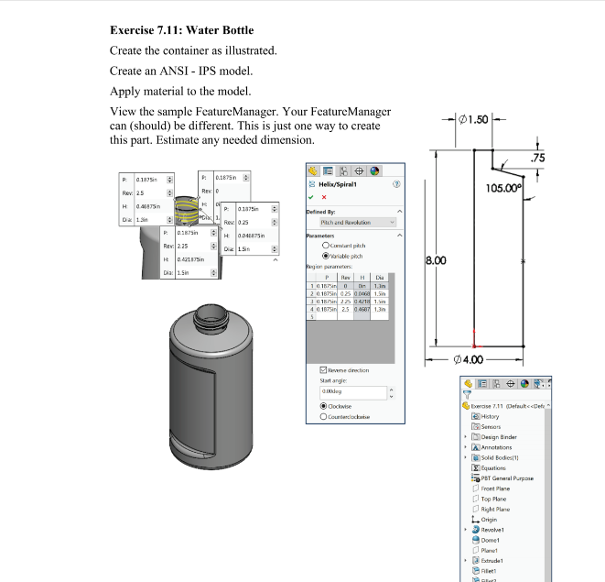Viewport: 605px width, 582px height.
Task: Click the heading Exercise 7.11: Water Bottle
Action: click(x=182, y=29)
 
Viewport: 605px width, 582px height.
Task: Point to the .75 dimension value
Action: click(x=537, y=158)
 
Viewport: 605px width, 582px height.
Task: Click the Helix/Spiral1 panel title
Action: click(x=340, y=184)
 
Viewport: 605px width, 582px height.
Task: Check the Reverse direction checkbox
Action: click(x=312, y=369)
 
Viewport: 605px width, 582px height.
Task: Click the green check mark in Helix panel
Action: click(x=311, y=196)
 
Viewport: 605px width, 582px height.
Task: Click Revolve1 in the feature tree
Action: click(x=495, y=529)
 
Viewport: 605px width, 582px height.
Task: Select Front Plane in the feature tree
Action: click(x=495, y=489)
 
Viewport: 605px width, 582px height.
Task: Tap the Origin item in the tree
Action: click(x=489, y=519)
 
